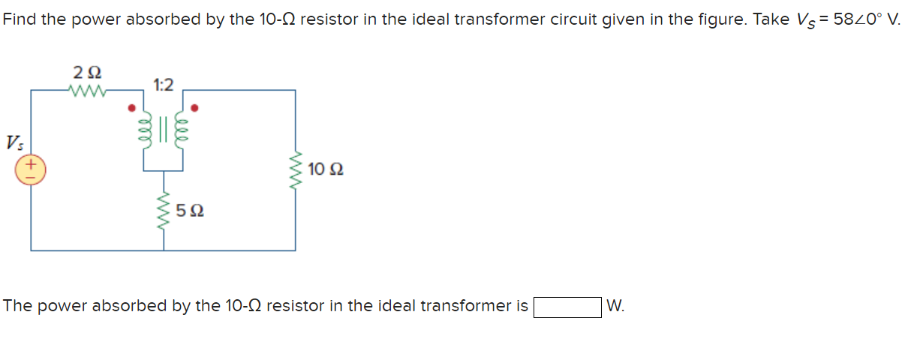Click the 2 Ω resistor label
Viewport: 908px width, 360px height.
[88, 73]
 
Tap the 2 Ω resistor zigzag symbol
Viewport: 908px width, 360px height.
[88, 91]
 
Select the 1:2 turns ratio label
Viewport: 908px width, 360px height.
[164, 84]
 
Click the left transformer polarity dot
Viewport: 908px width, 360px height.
[133, 107]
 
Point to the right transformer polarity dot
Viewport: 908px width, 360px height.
[196, 107]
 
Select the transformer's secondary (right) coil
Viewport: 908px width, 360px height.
[180, 129]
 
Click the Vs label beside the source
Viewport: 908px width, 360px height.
[14, 142]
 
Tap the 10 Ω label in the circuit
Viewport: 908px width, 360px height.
[326, 170]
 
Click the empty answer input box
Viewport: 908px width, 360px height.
[567, 307]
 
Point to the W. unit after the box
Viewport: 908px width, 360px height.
[615, 307]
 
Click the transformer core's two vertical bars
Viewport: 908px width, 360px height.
[165, 129]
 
